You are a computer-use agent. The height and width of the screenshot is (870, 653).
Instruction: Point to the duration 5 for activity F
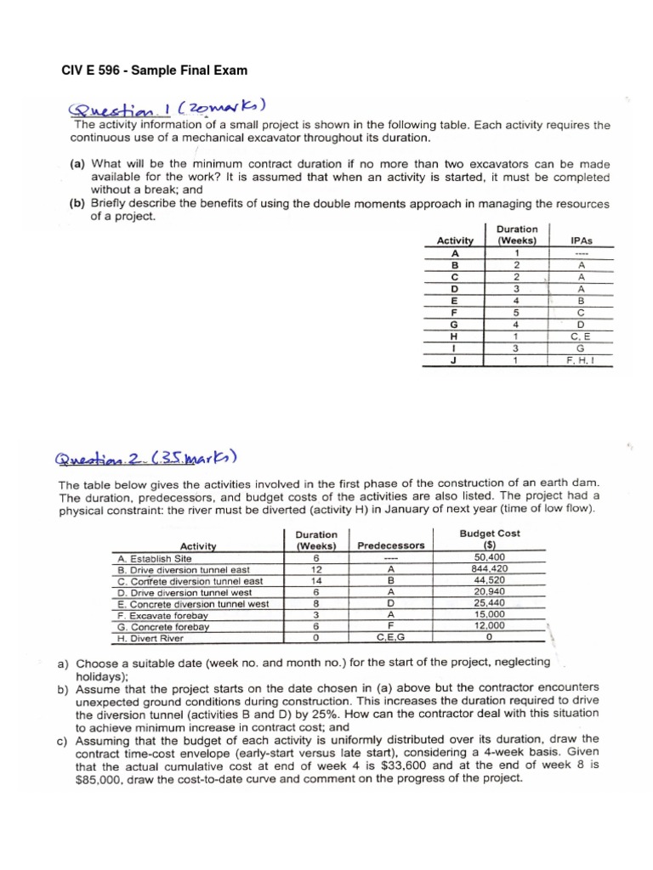click(516, 312)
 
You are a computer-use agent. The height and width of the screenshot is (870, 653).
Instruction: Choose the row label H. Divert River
click(150, 638)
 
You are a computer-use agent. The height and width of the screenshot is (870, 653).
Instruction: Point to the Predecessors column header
click(390, 545)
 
